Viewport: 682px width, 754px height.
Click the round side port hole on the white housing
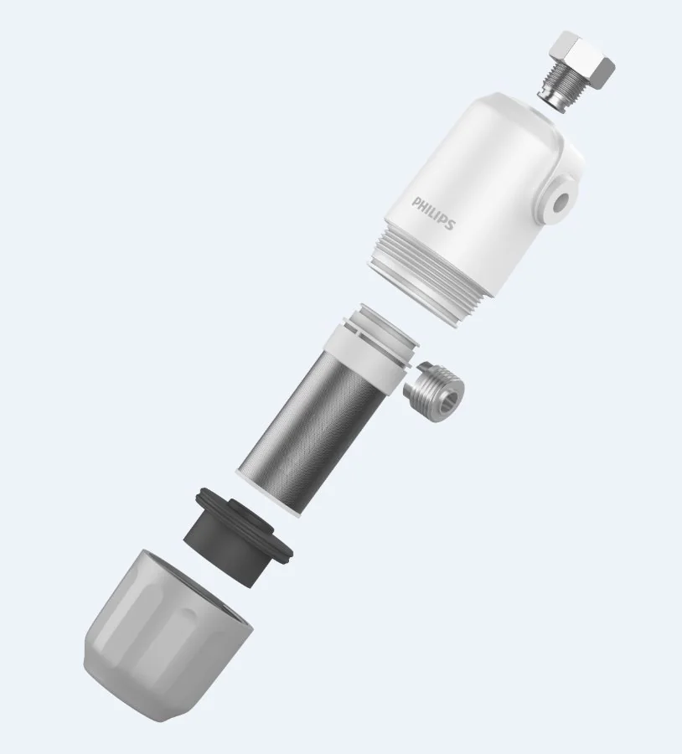pyautogui.click(x=560, y=203)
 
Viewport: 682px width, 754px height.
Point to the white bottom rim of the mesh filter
pyautogui.click(x=268, y=495)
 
